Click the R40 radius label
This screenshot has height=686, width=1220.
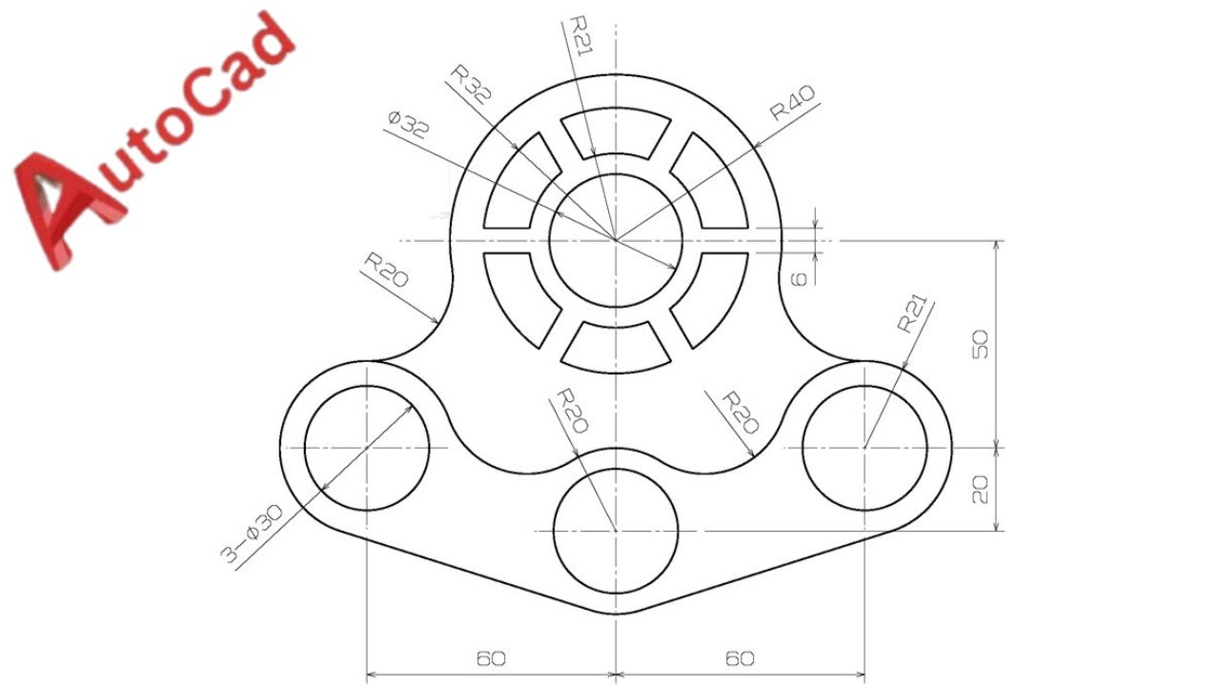coord(793,103)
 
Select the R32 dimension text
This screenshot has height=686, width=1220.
coord(472,85)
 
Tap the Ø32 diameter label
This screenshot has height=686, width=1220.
coord(409,124)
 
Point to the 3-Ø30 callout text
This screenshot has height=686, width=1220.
coord(252,534)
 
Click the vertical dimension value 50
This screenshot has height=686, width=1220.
coord(980,344)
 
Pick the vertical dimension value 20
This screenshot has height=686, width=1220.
coord(980,490)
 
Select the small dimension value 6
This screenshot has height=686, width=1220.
coord(798,279)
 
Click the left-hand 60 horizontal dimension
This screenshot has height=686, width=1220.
coord(491,658)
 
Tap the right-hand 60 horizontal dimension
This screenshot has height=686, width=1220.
coord(741,658)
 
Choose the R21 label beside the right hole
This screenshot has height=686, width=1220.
coord(911,313)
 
